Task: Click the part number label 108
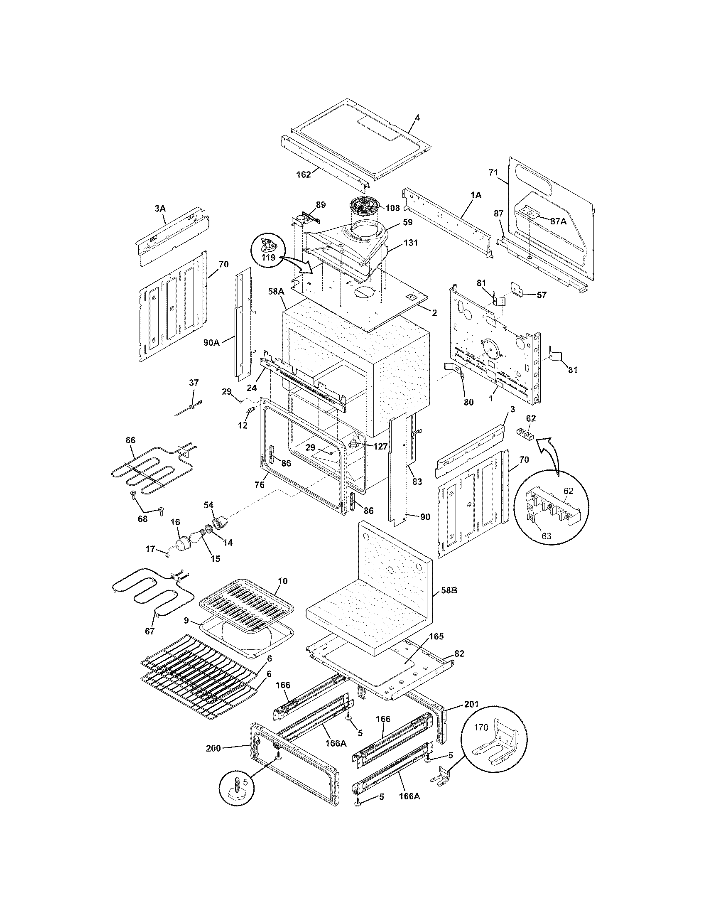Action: point(393,208)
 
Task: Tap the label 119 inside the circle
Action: point(268,258)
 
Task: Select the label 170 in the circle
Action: point(480,727)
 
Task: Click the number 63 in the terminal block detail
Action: point(547,536)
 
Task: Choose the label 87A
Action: point(558,221)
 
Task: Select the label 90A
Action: point(212,342)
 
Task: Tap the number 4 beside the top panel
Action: point(417,118)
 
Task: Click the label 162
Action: point(304,174)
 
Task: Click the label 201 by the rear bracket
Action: point(471,704)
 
